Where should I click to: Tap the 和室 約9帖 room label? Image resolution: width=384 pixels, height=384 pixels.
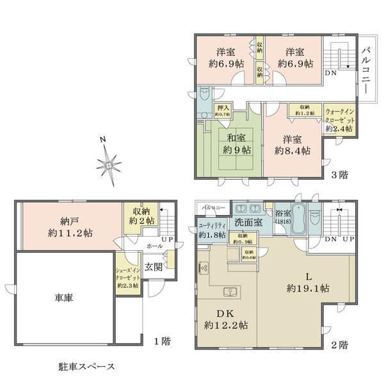(x=236, y=144)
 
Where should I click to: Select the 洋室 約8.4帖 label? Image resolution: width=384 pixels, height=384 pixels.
(x=292, y=145)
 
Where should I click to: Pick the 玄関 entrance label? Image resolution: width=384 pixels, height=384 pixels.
(x=152, y=267)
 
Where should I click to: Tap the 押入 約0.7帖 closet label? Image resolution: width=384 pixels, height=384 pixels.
(x=223, y=111)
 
